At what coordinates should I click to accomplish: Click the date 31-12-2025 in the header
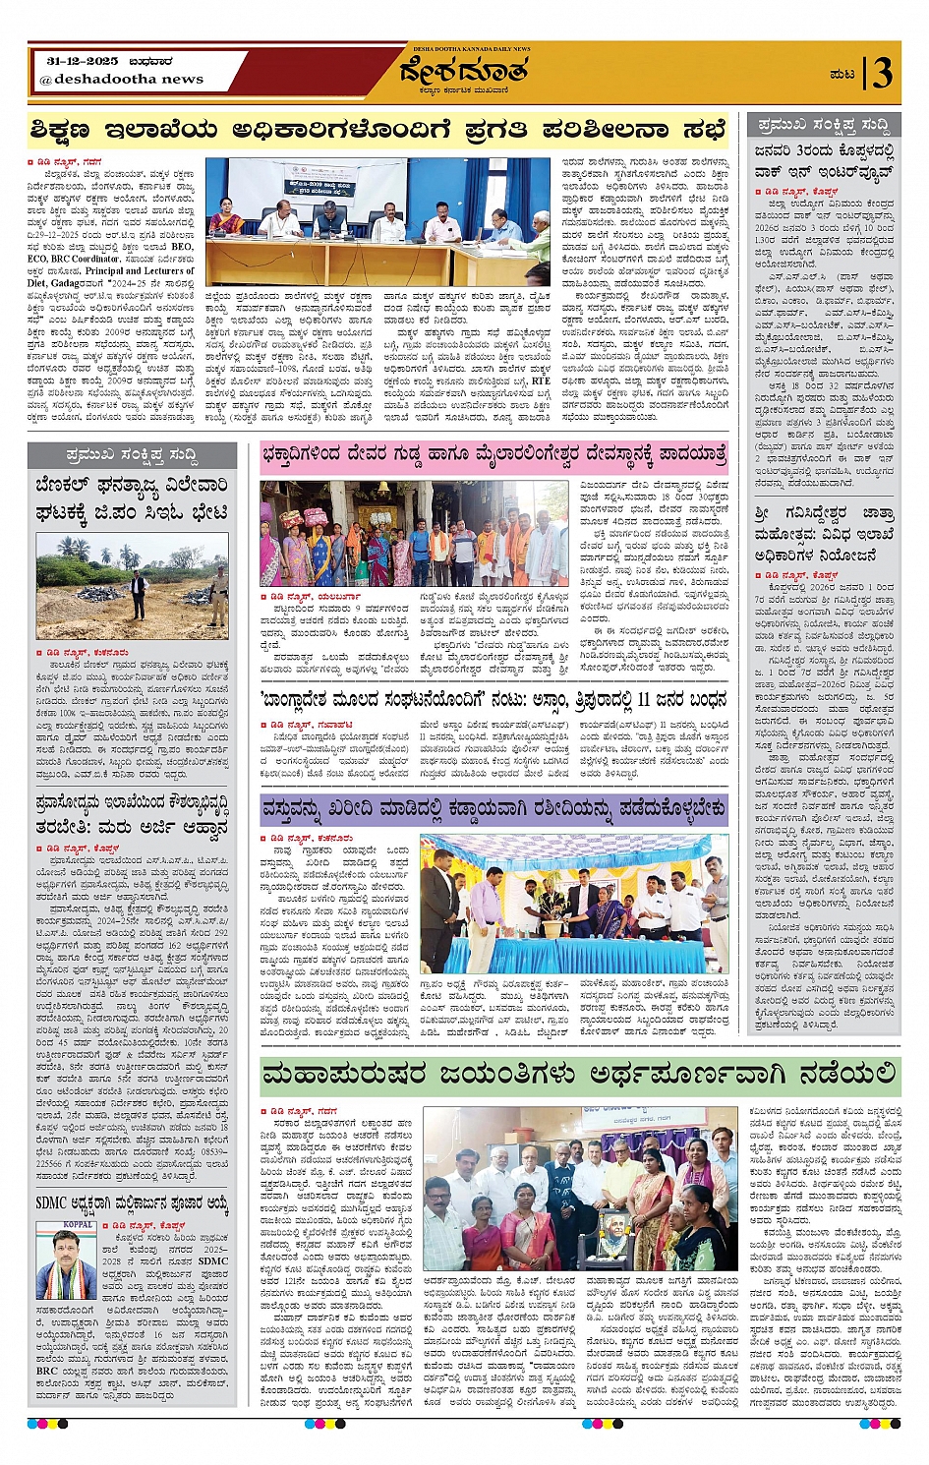pos(83,61)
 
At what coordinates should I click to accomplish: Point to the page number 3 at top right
pos(882,73)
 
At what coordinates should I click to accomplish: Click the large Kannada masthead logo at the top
pos(463,72)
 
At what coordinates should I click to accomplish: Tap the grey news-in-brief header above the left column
pos(132,455)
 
